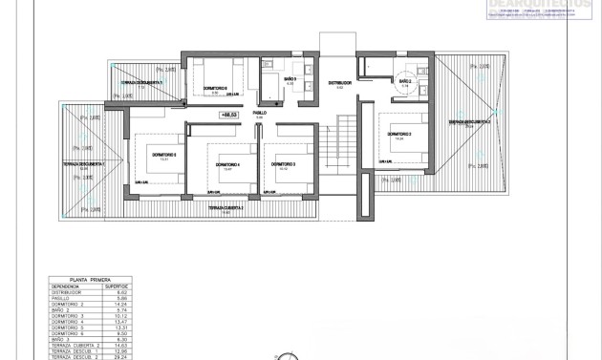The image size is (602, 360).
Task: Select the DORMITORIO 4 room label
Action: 226,164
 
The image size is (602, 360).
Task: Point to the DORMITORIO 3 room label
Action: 283,164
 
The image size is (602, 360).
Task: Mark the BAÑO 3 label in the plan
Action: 288,79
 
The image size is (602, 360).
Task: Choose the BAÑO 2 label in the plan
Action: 404,82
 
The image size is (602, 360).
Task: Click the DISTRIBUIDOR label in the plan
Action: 340,83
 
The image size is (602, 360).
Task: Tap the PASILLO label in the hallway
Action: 259,113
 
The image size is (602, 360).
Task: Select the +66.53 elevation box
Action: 229,115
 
